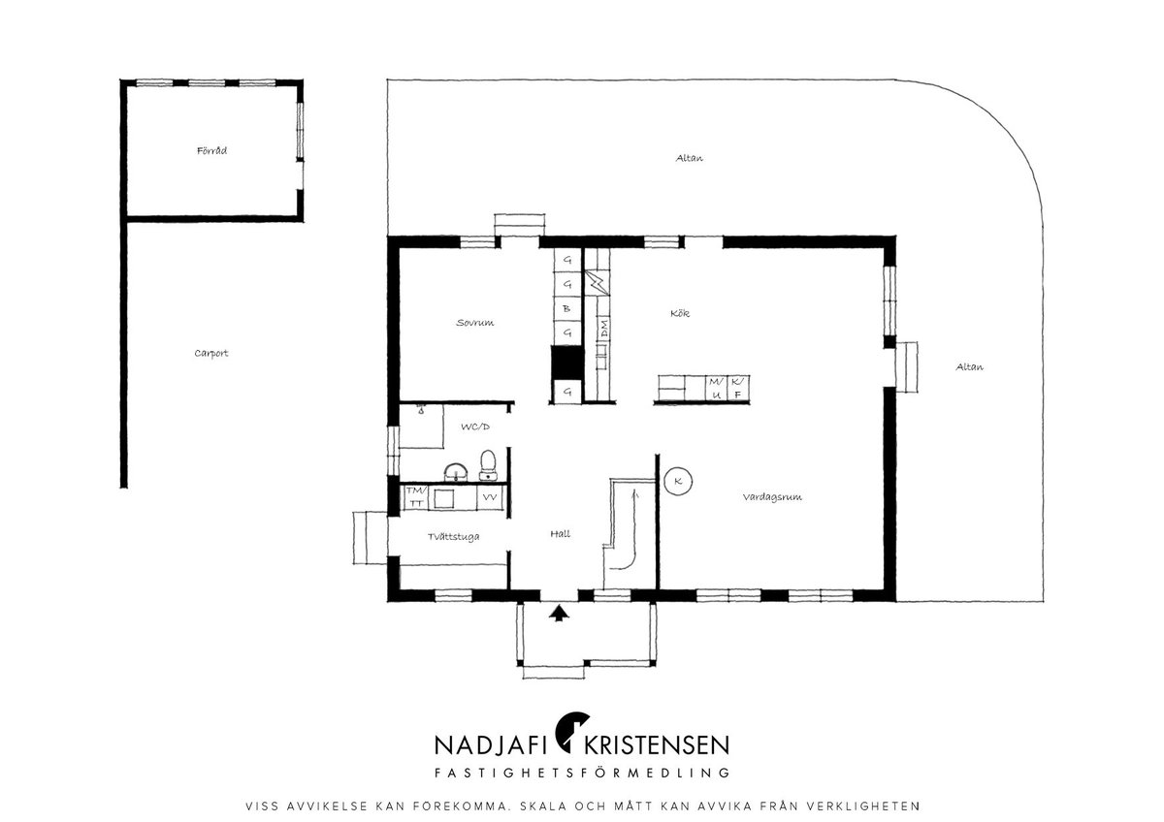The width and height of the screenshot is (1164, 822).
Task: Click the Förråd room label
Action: pos(211,151)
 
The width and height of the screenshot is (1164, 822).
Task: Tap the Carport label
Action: pos(211,354)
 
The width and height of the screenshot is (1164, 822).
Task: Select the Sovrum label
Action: pos(475,323)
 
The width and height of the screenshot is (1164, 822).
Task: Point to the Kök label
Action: pos(680,313)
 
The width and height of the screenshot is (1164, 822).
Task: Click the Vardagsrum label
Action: pos(772,497)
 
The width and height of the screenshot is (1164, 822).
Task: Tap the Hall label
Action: pos(561,533)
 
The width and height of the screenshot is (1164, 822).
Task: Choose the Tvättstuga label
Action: pos(453,537)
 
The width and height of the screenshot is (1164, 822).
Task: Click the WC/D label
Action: pos(475,427)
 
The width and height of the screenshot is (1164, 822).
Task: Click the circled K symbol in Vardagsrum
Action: pos(678,482)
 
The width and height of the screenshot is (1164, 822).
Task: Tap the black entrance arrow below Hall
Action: pos(559,613)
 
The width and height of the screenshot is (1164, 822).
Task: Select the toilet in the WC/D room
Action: pos(487,465)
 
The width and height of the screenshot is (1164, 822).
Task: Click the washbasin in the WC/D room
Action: pos(456,472)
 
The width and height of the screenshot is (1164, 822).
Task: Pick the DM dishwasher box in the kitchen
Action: pos(603,330)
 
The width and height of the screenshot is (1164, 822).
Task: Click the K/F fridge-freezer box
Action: pos(737,389)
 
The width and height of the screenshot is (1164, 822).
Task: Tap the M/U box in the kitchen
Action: pos(716,389)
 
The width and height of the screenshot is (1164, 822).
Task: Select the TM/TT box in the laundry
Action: pos(416,497)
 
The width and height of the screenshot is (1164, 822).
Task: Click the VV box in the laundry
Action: pos(490,497)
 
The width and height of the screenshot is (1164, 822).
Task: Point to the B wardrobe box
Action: pos(566,308)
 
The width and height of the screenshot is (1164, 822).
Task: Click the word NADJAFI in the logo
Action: pos(490,744)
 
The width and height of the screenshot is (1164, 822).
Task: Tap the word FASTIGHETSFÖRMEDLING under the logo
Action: pos(582,773)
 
